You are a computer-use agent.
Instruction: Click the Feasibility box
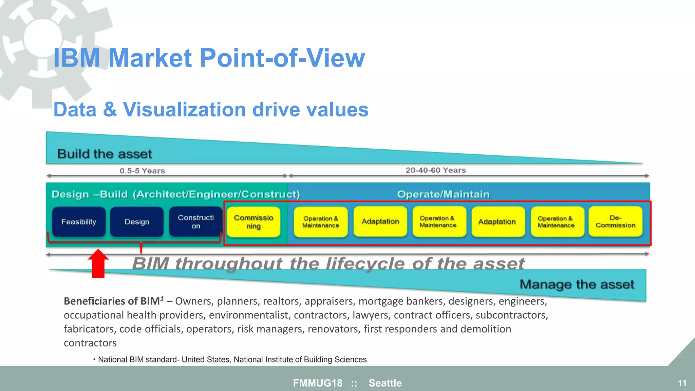coord(79,222)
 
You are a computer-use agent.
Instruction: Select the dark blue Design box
coord(137,222)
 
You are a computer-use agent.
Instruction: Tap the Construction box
coord(196,222)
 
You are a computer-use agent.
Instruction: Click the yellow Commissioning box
coord(253,222)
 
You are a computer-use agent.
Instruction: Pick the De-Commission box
coord(615,221)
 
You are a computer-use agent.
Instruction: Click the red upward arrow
coord(98,264)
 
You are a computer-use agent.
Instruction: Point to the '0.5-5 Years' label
coord(142,171)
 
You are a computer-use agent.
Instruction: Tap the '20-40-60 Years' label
coord(436,170)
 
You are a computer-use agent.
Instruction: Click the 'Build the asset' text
coord(105,154)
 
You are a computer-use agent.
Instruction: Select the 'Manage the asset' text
coord(577,284)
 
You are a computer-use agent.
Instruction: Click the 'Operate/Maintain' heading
coord(443,194)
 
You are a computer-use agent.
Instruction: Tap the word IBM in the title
coord(77,58)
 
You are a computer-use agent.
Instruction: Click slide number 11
coord(682,383)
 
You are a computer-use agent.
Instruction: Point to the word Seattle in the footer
coord(385,383)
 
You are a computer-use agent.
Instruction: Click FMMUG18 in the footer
coord(318,383)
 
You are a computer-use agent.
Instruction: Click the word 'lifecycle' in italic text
coord(365,264)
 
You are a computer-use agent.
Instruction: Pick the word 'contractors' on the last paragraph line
coord(90,343)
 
